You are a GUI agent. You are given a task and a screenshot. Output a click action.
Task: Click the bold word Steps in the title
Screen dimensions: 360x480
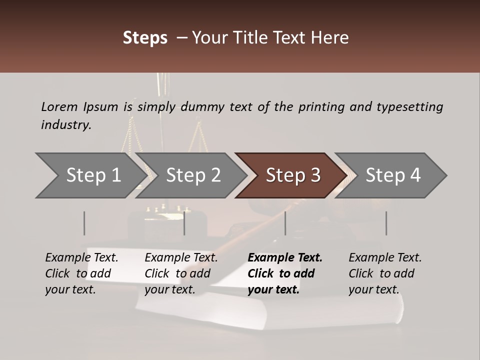145,38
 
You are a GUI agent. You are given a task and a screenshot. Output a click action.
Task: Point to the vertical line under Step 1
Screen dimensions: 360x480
84,223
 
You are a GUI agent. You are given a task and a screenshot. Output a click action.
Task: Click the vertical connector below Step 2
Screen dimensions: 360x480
184,223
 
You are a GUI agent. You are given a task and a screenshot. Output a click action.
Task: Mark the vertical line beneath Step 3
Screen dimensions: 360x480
285,223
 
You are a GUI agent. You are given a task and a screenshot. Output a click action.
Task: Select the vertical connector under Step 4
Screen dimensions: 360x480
386,223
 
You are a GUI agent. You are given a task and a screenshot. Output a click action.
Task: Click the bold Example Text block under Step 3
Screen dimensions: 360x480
285,273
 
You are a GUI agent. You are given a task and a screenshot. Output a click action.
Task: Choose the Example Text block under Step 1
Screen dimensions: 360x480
81,273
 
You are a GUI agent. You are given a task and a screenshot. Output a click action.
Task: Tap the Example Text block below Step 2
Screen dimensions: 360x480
181,273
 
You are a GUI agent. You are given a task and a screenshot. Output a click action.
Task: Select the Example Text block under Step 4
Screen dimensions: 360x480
385,273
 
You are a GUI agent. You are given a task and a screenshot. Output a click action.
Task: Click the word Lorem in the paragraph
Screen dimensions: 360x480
59,106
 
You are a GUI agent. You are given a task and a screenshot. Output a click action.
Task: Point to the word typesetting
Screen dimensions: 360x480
409,107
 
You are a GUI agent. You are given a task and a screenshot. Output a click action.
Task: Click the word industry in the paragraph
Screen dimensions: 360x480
66,125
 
